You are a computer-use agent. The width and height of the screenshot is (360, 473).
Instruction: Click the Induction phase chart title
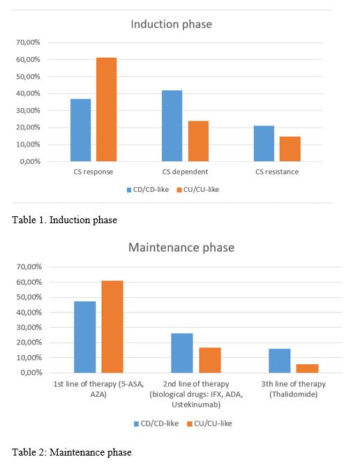coord(171,24)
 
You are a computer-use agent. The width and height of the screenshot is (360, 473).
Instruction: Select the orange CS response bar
coord(106,110)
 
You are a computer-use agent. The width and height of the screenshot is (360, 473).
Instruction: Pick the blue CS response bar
coord(80,130)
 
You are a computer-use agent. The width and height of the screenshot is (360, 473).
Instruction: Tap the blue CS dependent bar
coord(172,126)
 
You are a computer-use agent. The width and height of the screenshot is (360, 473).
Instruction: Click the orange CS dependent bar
coord(198,141)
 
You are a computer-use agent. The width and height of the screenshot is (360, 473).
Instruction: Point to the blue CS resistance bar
coord(264,144)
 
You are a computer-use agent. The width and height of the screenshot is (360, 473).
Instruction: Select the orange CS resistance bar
coord(290,149)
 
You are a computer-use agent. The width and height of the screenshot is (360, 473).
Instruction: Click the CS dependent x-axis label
coord(185,172)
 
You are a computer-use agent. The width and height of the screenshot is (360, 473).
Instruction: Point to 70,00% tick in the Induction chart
coord(28,43)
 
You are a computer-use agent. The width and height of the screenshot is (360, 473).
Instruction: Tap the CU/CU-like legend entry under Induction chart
coord(198,190)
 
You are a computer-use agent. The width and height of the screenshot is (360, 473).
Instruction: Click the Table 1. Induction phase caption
coord(64,220)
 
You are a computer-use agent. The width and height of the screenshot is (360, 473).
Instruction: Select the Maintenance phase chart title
coord(181,248)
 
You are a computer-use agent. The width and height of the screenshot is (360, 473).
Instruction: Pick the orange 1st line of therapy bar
coord(112,326)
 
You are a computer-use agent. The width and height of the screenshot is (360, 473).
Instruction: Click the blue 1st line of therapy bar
coord(85,337)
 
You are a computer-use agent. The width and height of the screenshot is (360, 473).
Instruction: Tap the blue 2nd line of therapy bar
coord(182,353)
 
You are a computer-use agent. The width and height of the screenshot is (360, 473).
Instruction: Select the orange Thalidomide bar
coord(307,368)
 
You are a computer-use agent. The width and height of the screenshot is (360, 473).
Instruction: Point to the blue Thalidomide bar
coord(280,361)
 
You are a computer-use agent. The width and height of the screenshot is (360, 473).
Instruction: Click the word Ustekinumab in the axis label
coord(196,405)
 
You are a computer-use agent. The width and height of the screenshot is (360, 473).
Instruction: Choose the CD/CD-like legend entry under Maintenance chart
coord(156,423)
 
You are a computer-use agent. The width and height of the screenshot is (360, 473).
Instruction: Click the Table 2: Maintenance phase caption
coord(72,452)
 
